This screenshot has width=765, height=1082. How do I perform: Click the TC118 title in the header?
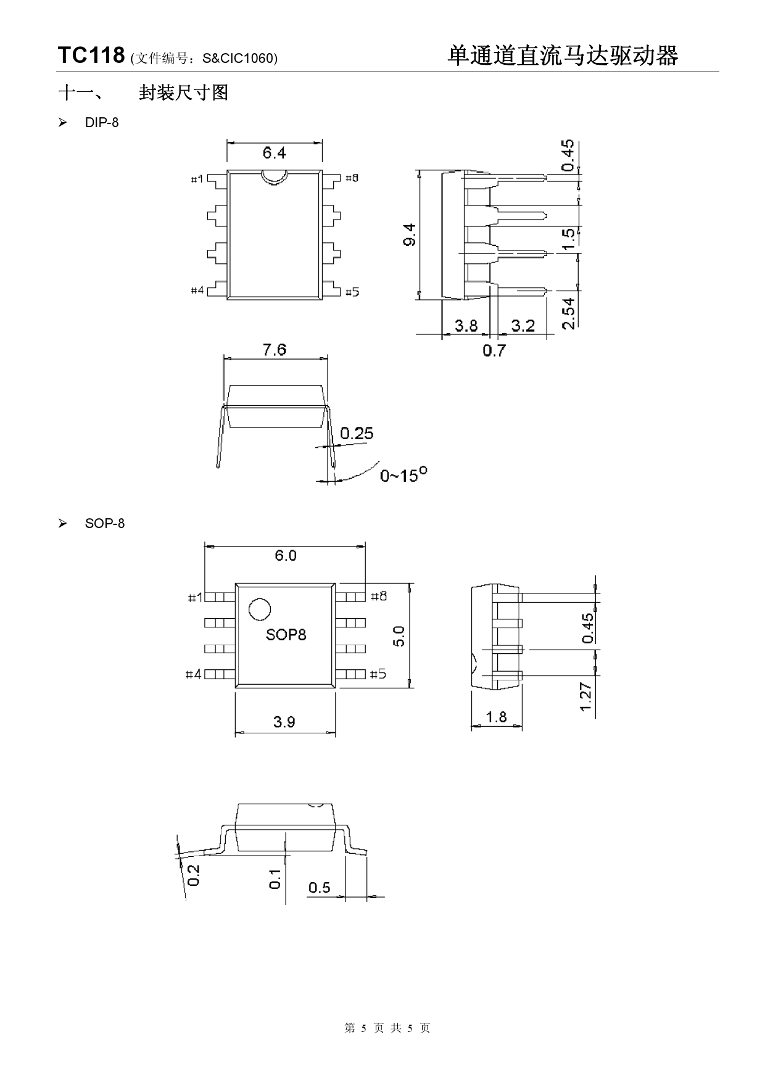91,56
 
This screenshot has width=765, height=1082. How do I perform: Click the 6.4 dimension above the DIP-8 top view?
274,152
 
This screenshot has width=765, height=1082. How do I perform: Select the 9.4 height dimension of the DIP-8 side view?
410,235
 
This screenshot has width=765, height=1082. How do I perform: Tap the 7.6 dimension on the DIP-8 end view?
274,350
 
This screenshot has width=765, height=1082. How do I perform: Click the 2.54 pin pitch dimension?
569,313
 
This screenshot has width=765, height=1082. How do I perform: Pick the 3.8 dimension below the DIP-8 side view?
466,326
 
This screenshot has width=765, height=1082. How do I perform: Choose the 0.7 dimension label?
494,351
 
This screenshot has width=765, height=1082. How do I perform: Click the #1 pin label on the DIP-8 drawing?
197,179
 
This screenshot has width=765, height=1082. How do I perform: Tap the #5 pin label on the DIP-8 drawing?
352,292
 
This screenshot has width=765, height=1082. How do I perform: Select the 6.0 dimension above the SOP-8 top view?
285,556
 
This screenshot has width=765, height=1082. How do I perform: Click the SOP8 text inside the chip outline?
286,635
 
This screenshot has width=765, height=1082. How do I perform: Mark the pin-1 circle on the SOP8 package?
260,610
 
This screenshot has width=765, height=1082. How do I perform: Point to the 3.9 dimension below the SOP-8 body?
284,722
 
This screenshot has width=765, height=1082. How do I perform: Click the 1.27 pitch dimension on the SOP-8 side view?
586,696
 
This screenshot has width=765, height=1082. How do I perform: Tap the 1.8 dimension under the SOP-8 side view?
496,717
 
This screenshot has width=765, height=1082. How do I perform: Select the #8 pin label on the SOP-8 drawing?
379,597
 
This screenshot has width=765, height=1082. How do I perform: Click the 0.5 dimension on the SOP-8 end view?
320,888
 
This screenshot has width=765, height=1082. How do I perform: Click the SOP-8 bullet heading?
104,524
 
